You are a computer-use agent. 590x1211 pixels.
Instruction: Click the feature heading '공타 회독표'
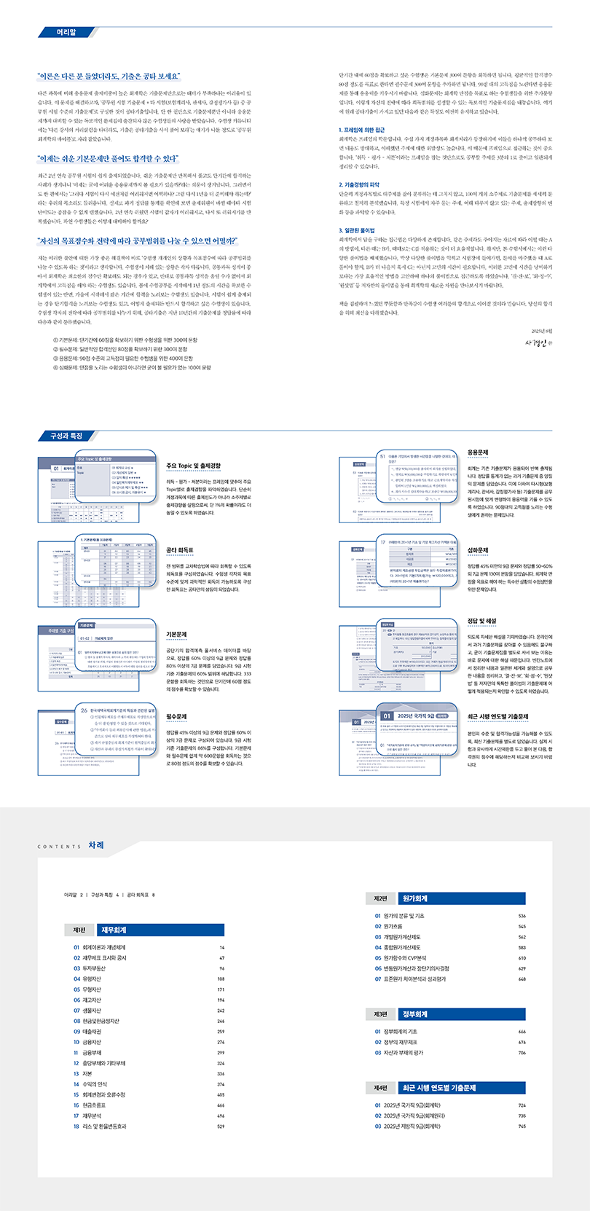[180, 550]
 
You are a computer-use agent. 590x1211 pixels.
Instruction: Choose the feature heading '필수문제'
[176, 717]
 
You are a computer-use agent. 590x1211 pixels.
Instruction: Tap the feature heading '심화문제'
[478, 550]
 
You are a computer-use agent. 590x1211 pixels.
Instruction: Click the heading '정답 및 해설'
[481, 621]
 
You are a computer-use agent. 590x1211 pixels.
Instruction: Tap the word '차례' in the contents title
[96, 845]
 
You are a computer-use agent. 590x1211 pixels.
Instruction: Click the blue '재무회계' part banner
[160, 930]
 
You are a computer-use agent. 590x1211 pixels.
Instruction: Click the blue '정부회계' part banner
[462, 1014]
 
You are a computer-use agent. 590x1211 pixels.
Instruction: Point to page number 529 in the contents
[221, 1126]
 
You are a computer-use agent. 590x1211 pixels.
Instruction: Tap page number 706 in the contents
[522, 1053]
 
